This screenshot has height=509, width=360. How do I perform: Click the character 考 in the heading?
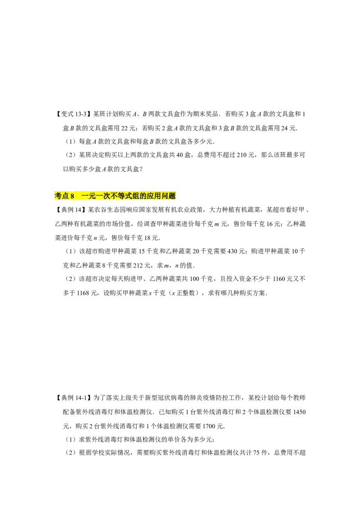point(58,196)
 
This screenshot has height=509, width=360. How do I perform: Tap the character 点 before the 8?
point(66,196)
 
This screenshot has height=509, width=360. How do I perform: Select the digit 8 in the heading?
point(72,196)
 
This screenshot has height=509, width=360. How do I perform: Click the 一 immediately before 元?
point(85,196)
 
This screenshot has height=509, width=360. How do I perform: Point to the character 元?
point(93,196)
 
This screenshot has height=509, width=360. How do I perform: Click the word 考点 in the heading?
point(62,196)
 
